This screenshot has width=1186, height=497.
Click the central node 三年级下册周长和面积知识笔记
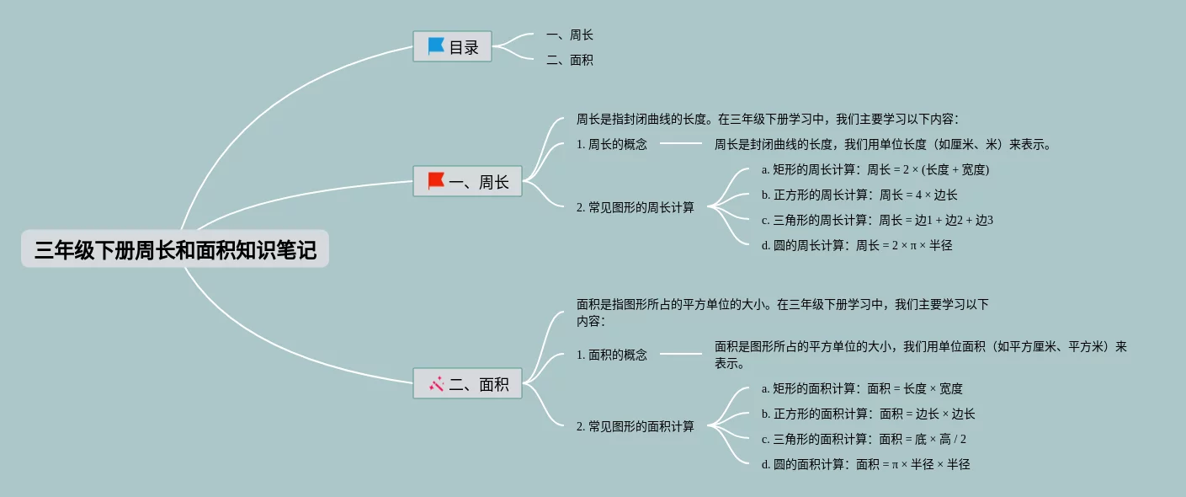pyautogui.click(x=175, y=249)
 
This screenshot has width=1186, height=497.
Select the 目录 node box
pyautogui.click(x=452, y=46)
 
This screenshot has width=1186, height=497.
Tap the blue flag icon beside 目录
pyautogui.click(x=436, y=46)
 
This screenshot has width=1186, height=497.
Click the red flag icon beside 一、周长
pyautogui.click(x=436, y=181)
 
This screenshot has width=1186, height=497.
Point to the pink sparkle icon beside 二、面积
pyautogui.click(x=436, y=384)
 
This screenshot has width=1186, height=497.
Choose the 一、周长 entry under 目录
pyautogui.click(x=570, y=35)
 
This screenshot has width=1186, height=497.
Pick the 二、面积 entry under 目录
pyautogui.click(x=570, y=60)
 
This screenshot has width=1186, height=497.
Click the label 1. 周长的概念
pyautogui.click(x=612, y=144)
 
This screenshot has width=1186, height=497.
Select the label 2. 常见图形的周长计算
pyautogui.click(x=636, y=207)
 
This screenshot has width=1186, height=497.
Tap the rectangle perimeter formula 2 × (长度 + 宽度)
pyautogui.click(x=875, y=169)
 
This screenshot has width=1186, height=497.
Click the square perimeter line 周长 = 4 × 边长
pyautogui.click(x=859, y=195)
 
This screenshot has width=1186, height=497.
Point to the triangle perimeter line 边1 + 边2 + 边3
pyautogui.click(x=877, y=220)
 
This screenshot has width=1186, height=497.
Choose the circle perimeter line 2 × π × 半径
pyautogui.click(x=857, y=245)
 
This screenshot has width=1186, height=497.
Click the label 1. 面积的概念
pyautogui.click(x=612, y=355)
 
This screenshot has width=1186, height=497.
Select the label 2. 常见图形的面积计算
pyautogui.click(x=636, y=426)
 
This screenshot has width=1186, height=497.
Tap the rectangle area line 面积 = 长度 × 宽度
pyautogui.click(x=862, y=388)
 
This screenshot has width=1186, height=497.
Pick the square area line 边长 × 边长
pyautogui.click(x=869, y=414)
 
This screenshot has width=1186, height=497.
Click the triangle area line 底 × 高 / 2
pyautogui.click(x=864, y=439)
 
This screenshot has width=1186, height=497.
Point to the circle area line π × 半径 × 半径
pyautogui.click(x=865, y=464)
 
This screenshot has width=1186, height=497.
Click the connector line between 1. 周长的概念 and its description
pyautogui.click(x=680, y=143)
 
